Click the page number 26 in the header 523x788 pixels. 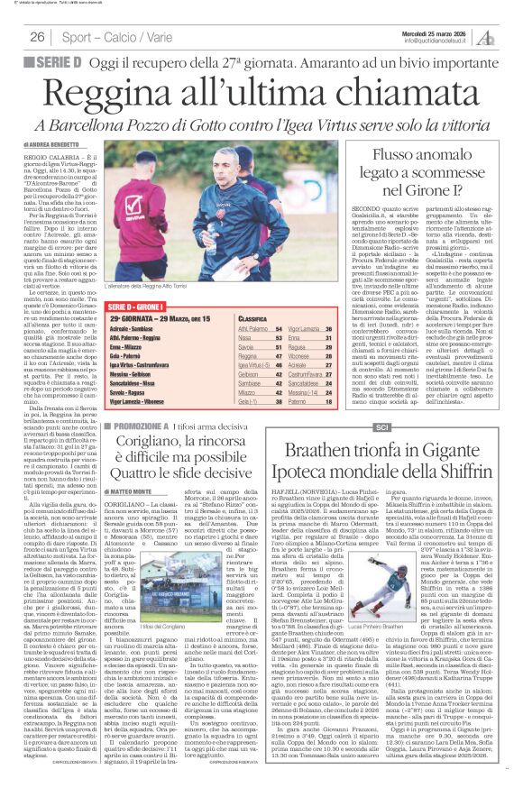[37, 37]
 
